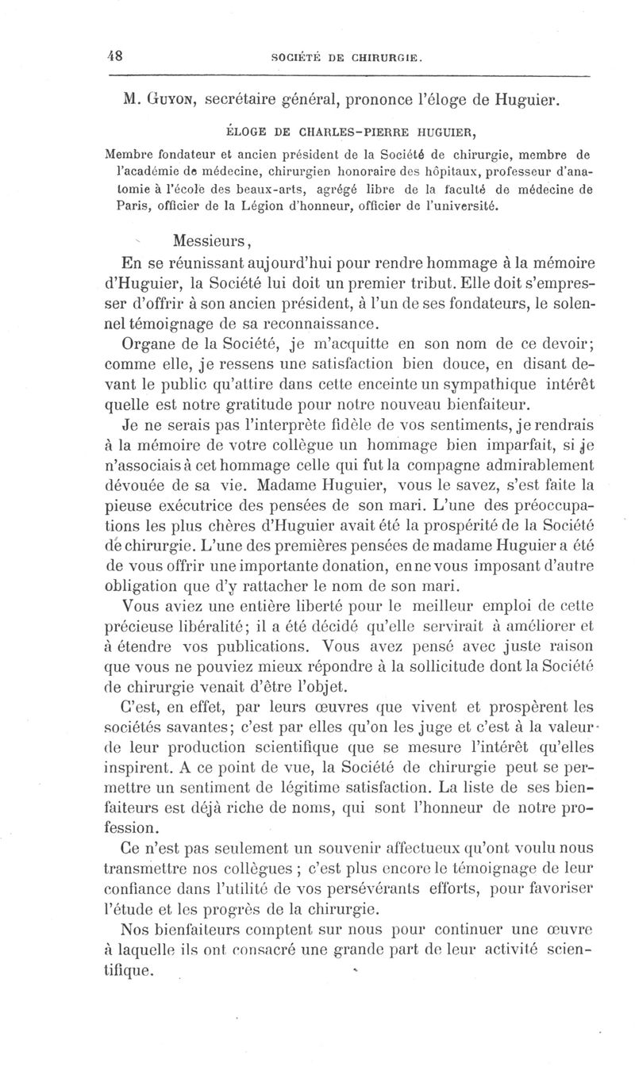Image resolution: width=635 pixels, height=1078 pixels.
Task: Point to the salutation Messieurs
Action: [210, 241]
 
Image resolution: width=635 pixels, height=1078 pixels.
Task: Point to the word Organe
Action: [144, 346]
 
